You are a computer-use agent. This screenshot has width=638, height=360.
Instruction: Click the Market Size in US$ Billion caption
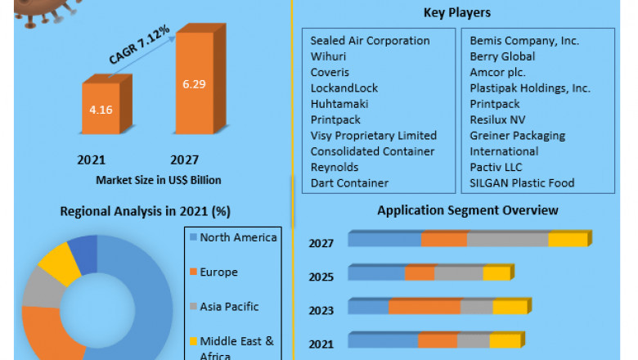pyautogui.click(x=158, y=179)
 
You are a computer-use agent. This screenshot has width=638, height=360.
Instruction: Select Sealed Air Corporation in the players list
pyautogui.click(x=370, y=41)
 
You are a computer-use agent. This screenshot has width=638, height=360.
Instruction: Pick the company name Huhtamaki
pyautogui.click(x=339, y=104)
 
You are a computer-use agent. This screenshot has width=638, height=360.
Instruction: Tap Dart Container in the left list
pyautogui.click(x=349, y=182)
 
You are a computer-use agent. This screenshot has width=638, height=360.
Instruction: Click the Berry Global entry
pyautogui.click(x=502, y=56)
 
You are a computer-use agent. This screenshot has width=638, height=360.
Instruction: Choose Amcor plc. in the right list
pyautogui.click(x=497, y=72)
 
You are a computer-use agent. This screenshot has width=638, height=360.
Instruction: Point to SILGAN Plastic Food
pyautogui.click(x=522, y=182)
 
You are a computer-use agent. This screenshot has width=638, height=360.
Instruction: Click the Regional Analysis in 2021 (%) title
pyautogui.click(x=145, y=211)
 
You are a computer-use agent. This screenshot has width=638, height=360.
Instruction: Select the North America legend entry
pyautogui.click(x=238, y=238)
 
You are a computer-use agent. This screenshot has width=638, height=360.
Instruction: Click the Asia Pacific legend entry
pyautogui.click(x=229, y=307)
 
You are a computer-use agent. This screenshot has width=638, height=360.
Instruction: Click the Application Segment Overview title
pyautogui.click(x=467, y=210)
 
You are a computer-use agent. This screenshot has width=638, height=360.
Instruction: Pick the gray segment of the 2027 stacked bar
pyautogui.click(x=507, y=240)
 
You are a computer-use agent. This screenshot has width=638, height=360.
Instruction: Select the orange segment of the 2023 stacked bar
pyautogui.click(x=425, y=307)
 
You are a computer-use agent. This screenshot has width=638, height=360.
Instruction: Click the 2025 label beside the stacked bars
pyautogui.click(x=321, y=277)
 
